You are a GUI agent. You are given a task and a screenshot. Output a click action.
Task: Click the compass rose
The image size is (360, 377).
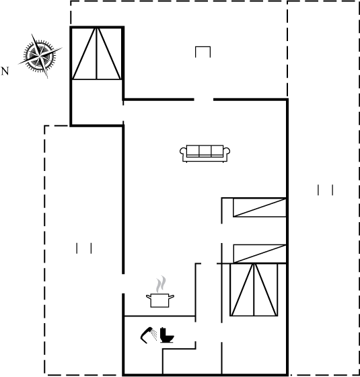coord(40,56)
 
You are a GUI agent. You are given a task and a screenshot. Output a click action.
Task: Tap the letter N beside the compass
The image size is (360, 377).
coord(5,71)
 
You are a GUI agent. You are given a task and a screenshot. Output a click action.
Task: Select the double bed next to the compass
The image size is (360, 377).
coord(97,54)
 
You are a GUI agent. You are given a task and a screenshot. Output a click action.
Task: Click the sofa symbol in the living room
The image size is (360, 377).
coord(205,153)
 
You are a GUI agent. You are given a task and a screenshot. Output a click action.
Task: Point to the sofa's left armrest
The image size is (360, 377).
coord(183,151)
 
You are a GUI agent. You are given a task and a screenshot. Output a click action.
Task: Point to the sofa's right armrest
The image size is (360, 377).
coord(226,151)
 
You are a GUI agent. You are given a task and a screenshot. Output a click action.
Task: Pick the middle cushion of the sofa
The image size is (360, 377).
coord(205,151)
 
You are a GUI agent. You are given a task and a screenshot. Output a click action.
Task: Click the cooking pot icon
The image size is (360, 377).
coord(160,300)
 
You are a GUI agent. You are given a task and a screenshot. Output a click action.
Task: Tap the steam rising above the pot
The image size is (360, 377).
coord(161,284)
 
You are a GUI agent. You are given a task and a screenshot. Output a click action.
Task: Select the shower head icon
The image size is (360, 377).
coord(148,335)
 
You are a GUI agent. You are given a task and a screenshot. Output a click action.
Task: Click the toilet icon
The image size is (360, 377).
coord(167,335)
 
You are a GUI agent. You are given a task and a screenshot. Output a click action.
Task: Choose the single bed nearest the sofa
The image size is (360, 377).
coord(260,207)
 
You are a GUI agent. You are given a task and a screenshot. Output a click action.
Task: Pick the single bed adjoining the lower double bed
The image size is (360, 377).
coord(260,254)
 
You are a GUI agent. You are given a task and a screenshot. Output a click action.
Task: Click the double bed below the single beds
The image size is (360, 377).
coord(254,289)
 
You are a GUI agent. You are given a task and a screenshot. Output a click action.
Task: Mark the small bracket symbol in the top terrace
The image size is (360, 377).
coord(203,52)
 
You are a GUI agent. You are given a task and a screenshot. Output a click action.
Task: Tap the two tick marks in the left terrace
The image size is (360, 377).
coord(84,248)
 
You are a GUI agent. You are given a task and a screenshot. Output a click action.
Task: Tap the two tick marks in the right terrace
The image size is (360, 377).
coord(326,190)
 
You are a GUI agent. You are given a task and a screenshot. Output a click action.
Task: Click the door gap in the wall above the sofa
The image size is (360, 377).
coord(204,100)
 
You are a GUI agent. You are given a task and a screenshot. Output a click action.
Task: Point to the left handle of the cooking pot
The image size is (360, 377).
coord(149,297)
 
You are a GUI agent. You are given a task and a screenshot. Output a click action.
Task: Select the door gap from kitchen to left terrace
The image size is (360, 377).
coord(123,283)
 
